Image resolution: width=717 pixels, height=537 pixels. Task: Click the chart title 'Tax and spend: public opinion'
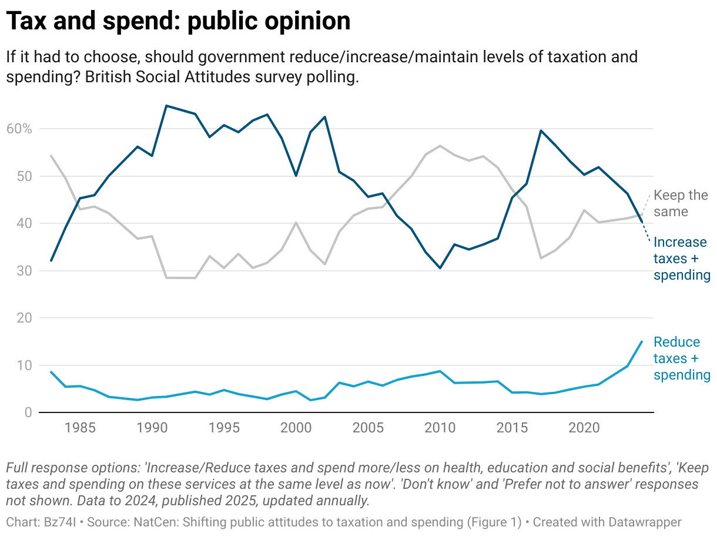coord(178,22)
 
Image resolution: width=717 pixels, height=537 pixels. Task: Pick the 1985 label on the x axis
coord(81,427)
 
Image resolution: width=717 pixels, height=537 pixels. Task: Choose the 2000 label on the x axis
coord(296,427)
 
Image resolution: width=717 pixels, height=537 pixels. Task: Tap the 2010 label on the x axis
coord(439,427)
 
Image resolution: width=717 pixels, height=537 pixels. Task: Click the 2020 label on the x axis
coord(583,427)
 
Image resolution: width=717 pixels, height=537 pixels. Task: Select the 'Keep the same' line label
coord(681,203)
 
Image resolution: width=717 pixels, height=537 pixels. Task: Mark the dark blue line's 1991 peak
coord(166,106)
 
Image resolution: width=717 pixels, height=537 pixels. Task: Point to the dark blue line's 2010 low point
coord(440,268)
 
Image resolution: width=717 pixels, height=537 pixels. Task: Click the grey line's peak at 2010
coord(440,145)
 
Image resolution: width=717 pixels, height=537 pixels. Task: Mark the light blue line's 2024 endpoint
coord(641,341)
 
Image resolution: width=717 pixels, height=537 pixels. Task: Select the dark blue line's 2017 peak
coord(540,130)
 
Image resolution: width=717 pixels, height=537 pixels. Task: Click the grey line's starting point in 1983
coord(51,156)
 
